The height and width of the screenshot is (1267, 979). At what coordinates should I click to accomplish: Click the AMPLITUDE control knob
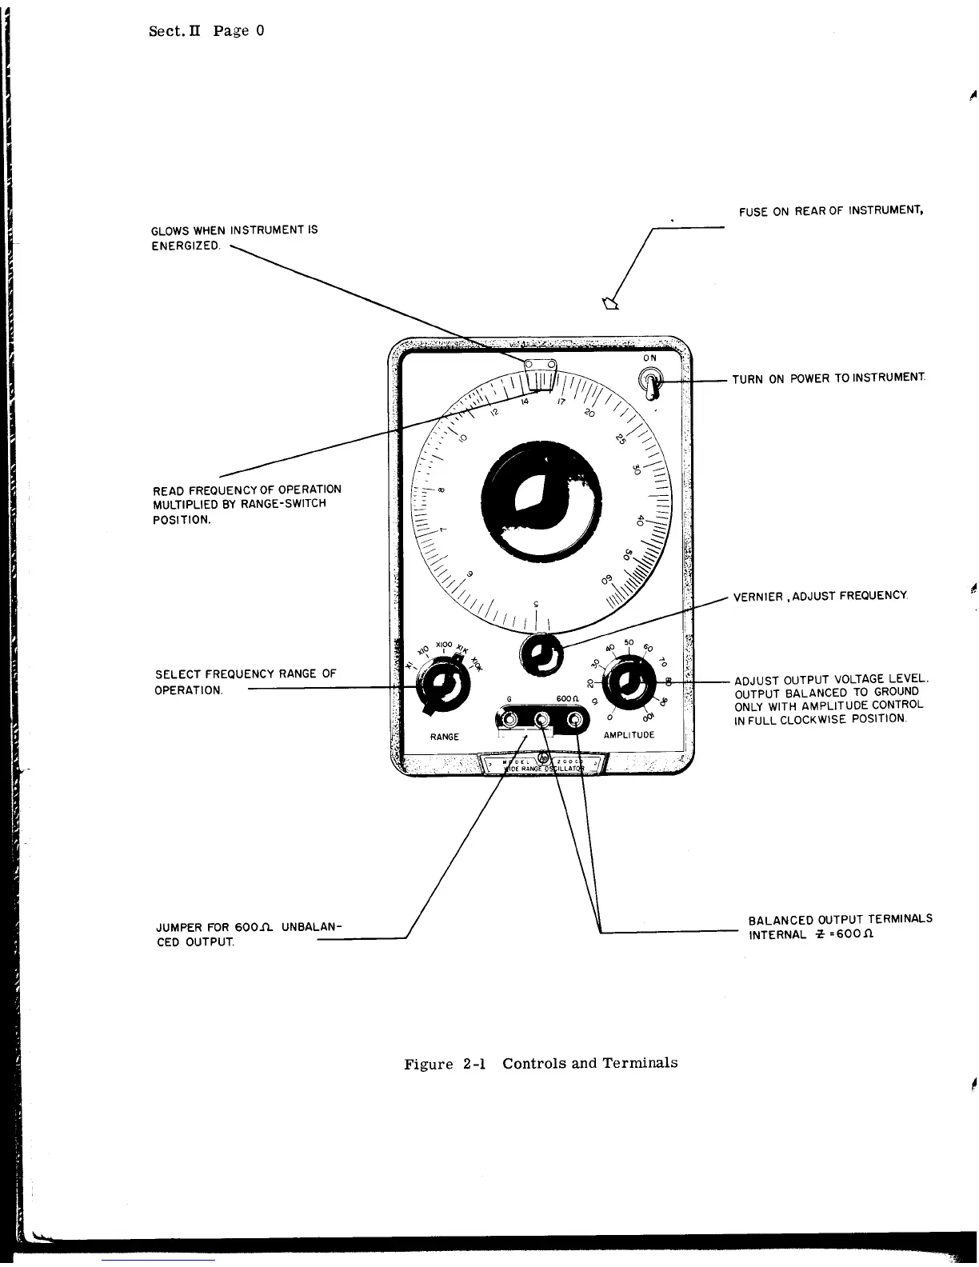(x=628, y=683)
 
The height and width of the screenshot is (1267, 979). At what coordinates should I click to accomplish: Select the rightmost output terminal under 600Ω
(x=575, y=721)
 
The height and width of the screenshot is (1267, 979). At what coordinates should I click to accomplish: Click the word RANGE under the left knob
(x=444, y=737)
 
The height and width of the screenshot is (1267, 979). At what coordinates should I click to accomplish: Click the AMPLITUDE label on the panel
(x=629, y=734)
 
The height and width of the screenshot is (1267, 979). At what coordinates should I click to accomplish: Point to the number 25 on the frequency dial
(x=621, y=439)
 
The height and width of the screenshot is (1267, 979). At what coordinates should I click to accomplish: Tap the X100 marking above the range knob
(x=445, y=645)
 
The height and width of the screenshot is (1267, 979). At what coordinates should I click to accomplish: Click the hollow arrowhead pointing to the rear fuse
(x=612, y=302)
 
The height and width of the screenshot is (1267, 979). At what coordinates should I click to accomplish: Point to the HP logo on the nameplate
(x=545, y=757)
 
